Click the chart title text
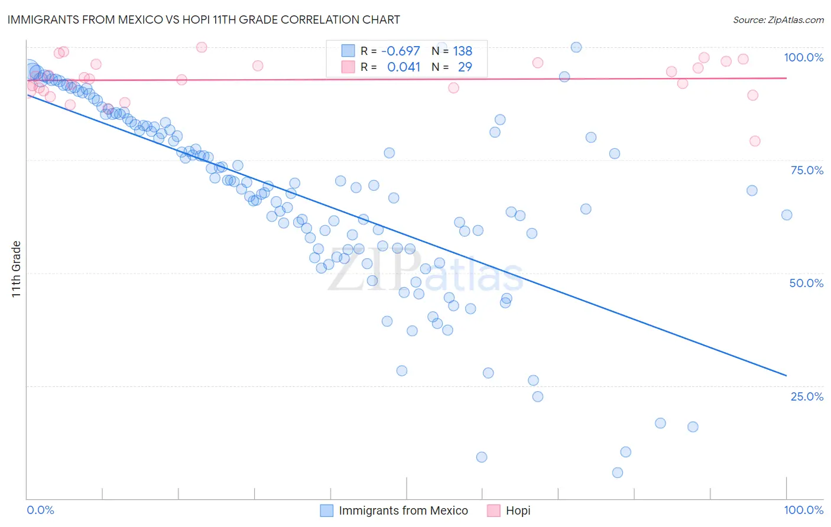[203, 19]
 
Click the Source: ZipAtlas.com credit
[778, 19]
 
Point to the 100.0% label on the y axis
[803, 57]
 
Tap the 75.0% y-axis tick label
[807, 170]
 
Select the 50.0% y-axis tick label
[806, 283]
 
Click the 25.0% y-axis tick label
[807, 396]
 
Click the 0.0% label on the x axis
[41, 510]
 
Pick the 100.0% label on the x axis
[803, 510]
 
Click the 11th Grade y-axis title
[16, 269]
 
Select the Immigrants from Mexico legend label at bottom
[403, 510]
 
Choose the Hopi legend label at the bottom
[518, 510]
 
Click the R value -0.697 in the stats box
[401, 51]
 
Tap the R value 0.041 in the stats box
[404, 67]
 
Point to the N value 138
[463, 51]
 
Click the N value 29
[465, 67]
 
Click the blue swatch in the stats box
[348, 51]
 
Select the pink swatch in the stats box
[348, 67]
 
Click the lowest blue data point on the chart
[618, 473]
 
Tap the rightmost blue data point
[787, 215]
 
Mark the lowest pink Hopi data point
[755, 141]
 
